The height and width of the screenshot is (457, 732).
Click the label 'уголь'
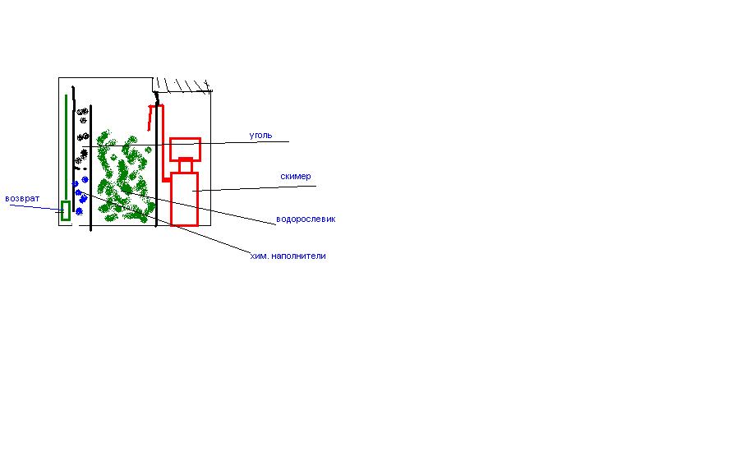(260, 136)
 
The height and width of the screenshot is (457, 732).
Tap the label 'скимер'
(296, 176)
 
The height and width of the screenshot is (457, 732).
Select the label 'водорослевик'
(306, 219)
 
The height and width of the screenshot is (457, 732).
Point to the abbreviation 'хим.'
(259, 256)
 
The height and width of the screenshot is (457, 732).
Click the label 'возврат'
(22, 199)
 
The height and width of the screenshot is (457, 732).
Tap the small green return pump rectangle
(66, 210)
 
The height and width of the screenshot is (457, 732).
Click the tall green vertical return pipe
(66, 148)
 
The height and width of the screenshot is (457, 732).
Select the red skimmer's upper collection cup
(186, 150)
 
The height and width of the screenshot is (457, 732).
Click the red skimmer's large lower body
(185, 199)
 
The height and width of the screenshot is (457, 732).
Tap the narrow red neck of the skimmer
(186, 167)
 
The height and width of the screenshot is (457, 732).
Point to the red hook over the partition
(155, 118)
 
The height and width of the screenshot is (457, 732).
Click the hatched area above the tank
(183, 85)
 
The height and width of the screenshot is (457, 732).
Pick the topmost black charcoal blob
(83, 112)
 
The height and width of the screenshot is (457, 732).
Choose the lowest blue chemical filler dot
(80, 212)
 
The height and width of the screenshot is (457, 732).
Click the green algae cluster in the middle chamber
(125, 177)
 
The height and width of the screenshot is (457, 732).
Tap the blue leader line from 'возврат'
(36, 207)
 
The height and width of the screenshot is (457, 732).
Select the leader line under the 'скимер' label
(255, 188)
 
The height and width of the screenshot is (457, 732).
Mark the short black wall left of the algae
(90, 168)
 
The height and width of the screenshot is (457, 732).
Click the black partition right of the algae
(156, 159)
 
